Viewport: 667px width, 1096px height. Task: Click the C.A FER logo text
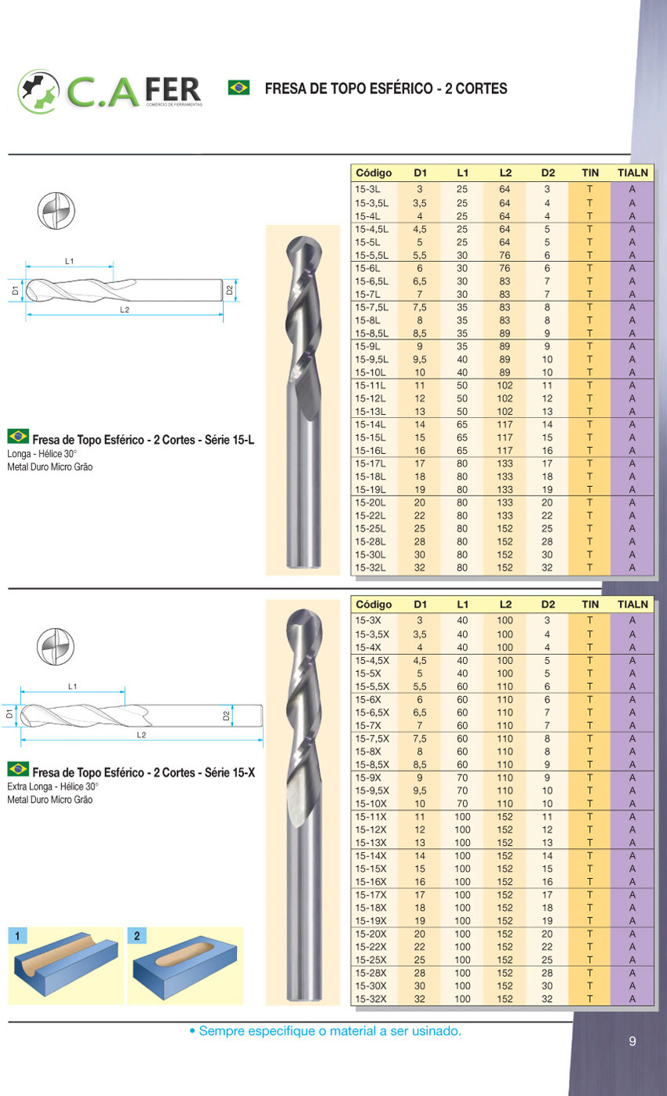[x=133, y=90]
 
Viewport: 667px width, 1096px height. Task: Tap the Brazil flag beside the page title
[x=239, y=87]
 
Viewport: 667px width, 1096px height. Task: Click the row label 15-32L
[x=370, y=567]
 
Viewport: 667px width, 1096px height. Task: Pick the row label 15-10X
[x=370, y=804]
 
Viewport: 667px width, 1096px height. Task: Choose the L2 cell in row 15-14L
[x=505, y=424]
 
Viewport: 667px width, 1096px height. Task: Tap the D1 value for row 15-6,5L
[x=420, y=281]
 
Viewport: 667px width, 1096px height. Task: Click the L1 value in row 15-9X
[x=462, y=778]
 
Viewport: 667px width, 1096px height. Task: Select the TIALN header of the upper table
[x=632, y=172]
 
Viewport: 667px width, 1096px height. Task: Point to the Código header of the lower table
[x=374, y=604]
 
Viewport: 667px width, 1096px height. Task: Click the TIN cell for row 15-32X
[x=589, y=999]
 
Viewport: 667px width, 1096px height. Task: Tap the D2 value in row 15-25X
[x=547, y=960]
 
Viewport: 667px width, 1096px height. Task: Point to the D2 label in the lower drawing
[x=226, y=716]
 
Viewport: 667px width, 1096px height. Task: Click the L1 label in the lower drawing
[x=72, y=687]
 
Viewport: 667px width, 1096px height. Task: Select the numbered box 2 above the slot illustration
[x=137, y=935]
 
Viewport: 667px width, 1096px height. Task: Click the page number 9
[x=632, y=1041]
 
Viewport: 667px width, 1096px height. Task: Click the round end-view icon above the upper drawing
[x=55, y=212]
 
